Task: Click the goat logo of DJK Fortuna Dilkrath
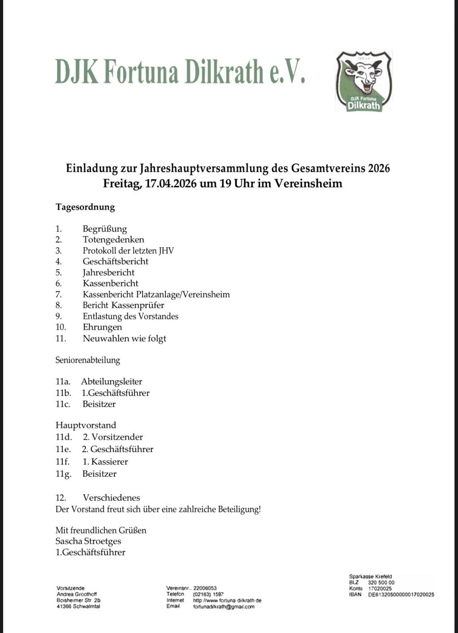click(x=363, y=81)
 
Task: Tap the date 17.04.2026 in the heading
click(x=171, y=184)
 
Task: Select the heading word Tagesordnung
click(x=85, y=207)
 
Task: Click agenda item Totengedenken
click(x=113, y=240)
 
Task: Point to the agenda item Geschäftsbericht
click(x=115, y=262)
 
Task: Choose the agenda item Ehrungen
click(x=102, y=327)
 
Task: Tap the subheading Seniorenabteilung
click(x=87, y=360)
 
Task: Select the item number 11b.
click(x=63, y=393)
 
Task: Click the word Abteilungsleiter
click(x=112, y=382)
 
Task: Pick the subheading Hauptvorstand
click(x=86, y=425)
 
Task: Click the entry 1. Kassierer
click(x=105, y=462)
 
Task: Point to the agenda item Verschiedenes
click(x=111, y=498)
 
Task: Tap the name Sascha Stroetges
click(x=88, y=541)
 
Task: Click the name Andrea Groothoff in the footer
click(x=77, y=594)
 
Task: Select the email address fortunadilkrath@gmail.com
click(x=224, y=606)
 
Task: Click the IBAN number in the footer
click(x=401, y=595)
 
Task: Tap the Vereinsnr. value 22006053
click(x=205, y=588)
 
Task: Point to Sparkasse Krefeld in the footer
click(x=371, y=577)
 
